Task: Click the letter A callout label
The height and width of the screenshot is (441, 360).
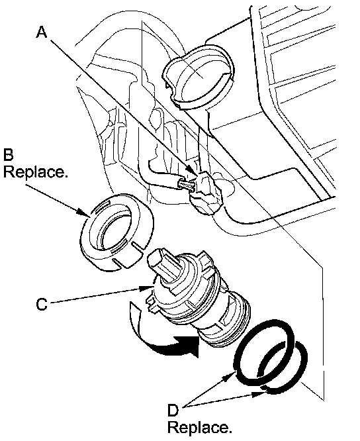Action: pyautogui.click(x=42, y=32)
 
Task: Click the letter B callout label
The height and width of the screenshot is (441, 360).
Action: pyautogui.click(x=8, y=154)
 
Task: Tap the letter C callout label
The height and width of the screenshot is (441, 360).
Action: pyautogui.click(x=42, y=304)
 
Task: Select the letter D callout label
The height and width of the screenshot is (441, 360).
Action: pyautogui.click(x=173, y=411)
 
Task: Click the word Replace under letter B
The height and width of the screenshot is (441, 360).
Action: pyautogui.click(x=36, y=171)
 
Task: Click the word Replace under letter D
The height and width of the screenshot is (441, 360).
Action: pyautogui.click(x=200, y=428)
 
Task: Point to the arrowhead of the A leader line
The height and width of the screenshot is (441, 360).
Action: pyautogui.click(x=194, y=171)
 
